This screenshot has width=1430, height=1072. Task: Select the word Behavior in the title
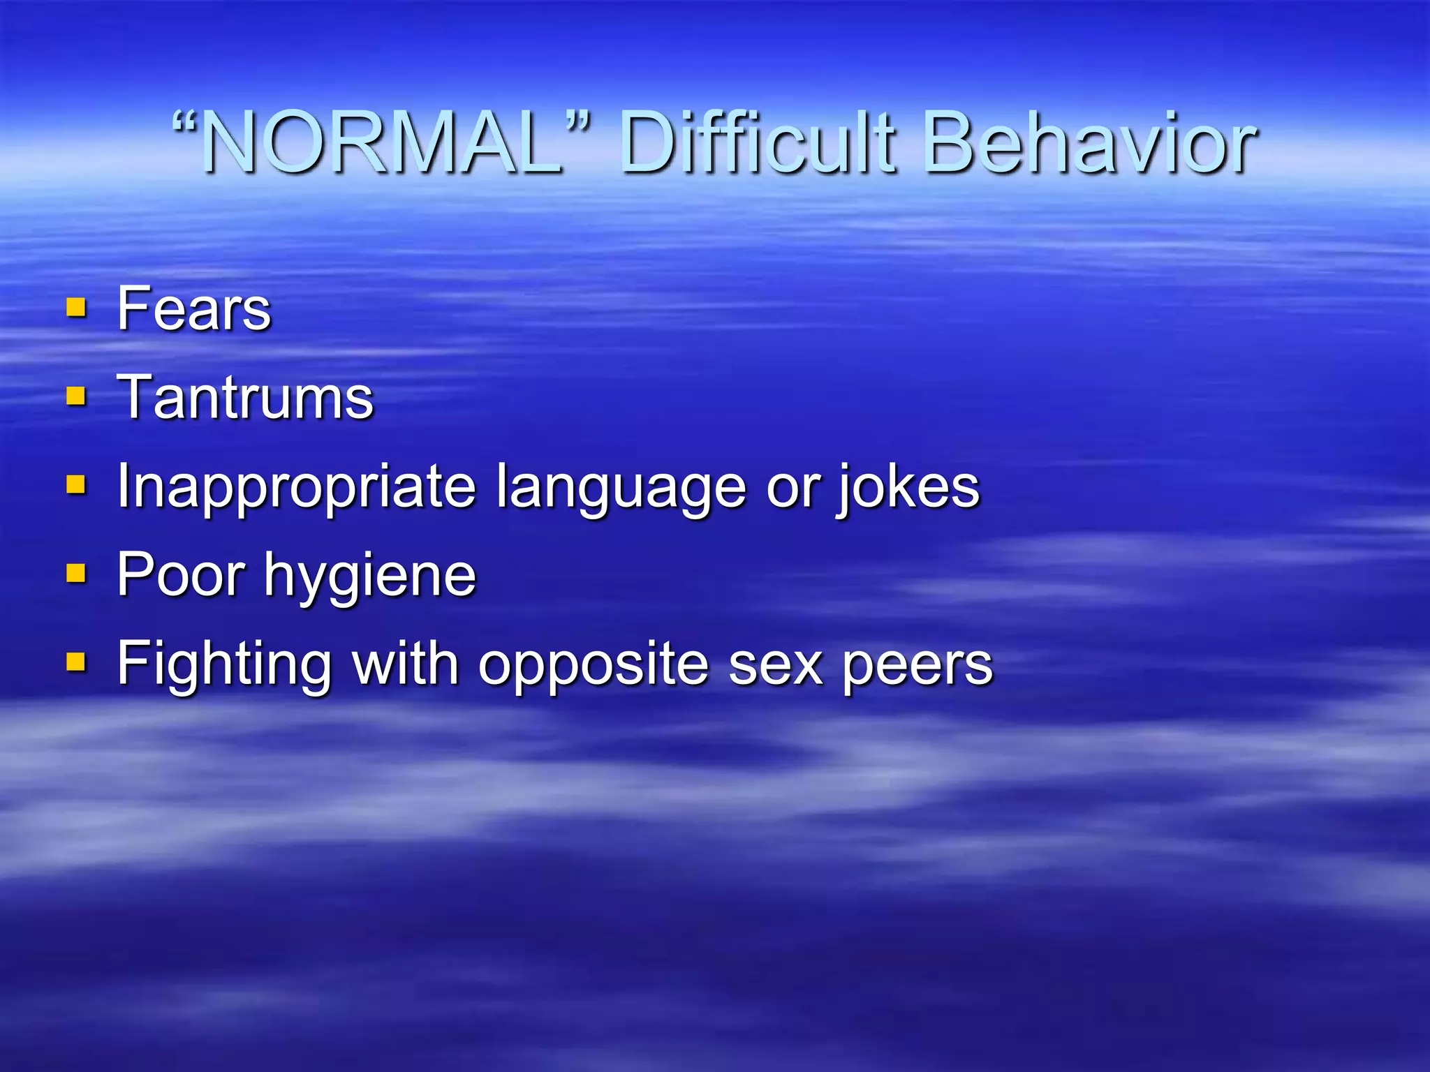pyautogui.click(x=1089, y=144)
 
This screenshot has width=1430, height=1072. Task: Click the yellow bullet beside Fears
pyautogui.click(x=76, y=308)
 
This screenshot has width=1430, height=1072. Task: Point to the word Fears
pyautogui.click(x=193, y=308)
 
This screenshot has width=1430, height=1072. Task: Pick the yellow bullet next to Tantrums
pyautogui.click(x=76, y=396)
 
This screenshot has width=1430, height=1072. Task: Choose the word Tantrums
pyautogui.click(x=245, y=397)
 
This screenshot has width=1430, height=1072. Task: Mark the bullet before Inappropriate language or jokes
pyautogui.click(x=76, y=485)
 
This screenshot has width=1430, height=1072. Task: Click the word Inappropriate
pyautogui.click(x=296, y=487)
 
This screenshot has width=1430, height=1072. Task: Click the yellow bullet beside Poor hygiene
pyautogui.click(x=76, y=574)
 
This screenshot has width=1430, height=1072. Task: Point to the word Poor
pyautogui.click(x=181, y=575)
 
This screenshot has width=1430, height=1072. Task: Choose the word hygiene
pyautogui.click(x=370, y=576)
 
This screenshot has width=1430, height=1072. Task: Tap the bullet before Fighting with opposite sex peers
pyautogui.click(x=76, y=662)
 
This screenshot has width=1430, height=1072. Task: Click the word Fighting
pyautogui.click(x=224, y=664)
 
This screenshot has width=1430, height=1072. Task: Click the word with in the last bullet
pyautogui.click(x=405, y=662)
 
